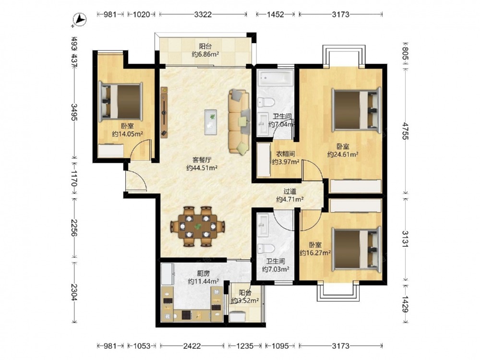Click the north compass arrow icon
coord(80,20)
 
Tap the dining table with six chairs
coord(198,227)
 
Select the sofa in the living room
coord(239,121)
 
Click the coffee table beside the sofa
coord(211,122)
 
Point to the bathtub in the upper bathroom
coord(275,78)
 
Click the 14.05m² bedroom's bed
coord(120,100)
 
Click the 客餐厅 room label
coord(202,159)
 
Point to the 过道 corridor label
coord(289,192)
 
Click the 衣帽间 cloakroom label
coord(285,154)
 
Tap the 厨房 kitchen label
coord(203,274)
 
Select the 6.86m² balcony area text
coord(205,55)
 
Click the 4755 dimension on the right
coord(405,131)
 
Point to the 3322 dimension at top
coord(203,14)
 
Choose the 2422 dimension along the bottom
coord(192,346)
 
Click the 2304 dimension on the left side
coord(74,292)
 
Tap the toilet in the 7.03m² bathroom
coord(263,249)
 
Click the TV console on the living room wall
coord(164,112)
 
